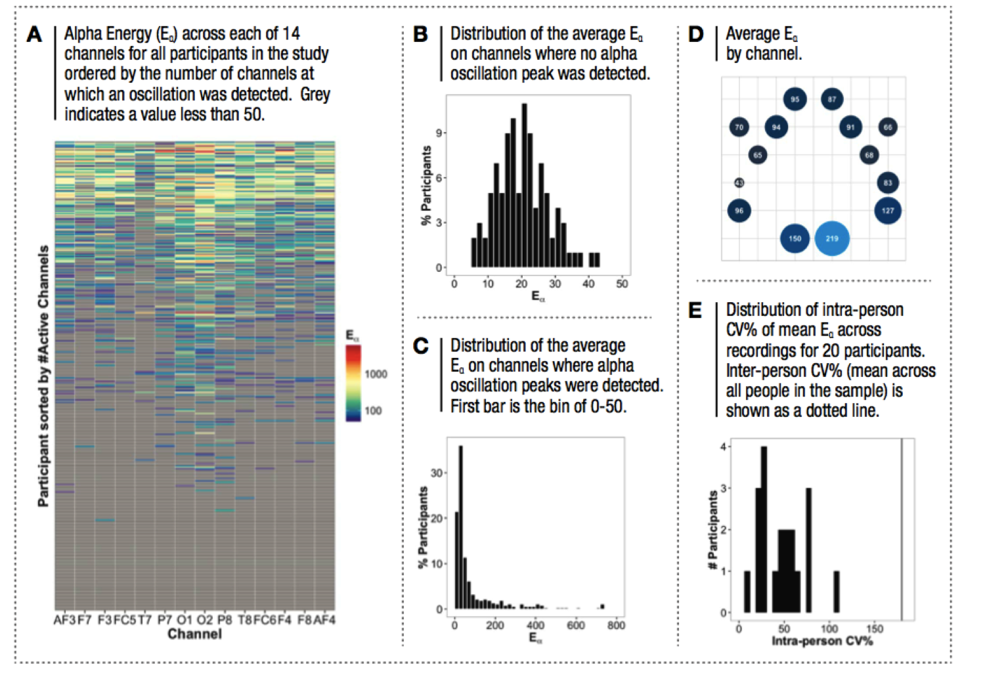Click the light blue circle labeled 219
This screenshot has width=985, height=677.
[x=831, y=238]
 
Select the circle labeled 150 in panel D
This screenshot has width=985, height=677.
[x=795, y=238]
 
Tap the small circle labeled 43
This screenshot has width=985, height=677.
[x=739, y=183]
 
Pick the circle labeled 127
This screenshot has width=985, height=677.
[x=888, y=211]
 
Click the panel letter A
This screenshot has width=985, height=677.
[x=34, y=34]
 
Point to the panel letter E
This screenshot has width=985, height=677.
[x=695, y=311]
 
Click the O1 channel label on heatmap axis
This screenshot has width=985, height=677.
[x=185, y=620]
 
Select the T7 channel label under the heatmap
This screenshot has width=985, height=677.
[x=144, y=620]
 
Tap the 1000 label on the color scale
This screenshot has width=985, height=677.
[x=376, y=374]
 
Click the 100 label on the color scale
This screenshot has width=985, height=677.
[x=373, y=411]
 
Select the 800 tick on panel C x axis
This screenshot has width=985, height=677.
[x=615, y=625]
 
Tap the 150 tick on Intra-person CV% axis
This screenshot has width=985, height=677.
[x=874, y=628]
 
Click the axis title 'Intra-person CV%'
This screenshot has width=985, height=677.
[x=821, y=641]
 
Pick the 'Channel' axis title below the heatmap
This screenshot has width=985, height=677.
[x=194, y=634]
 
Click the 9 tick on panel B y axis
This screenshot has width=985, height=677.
[x=439, y=133]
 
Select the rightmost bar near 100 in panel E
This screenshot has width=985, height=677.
[x=837, y=592]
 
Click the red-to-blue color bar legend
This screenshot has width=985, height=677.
[x=353, y=383]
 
